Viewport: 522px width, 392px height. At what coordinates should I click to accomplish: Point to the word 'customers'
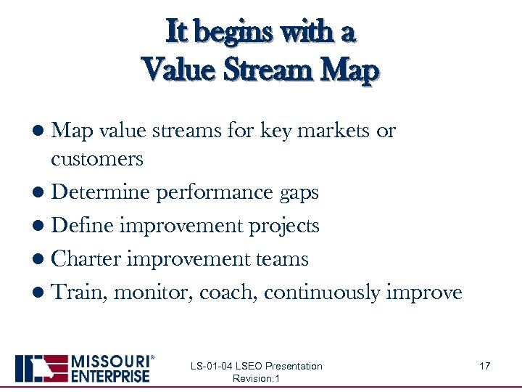(x=97, y=158)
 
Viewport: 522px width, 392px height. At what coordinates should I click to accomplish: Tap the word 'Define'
(x=83, y=225)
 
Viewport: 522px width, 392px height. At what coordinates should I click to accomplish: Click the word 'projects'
(x=283, y=226)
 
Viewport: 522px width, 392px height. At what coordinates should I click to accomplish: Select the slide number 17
(x=485, y=366)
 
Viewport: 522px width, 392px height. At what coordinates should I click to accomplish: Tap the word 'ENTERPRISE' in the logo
(x=110, y=376)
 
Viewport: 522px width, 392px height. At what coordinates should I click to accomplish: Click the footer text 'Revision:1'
(x=256, y=379)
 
